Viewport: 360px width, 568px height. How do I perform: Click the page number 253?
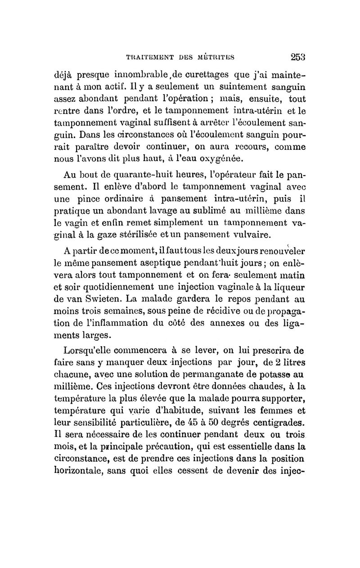pyautogui.click(x=297, y=57)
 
